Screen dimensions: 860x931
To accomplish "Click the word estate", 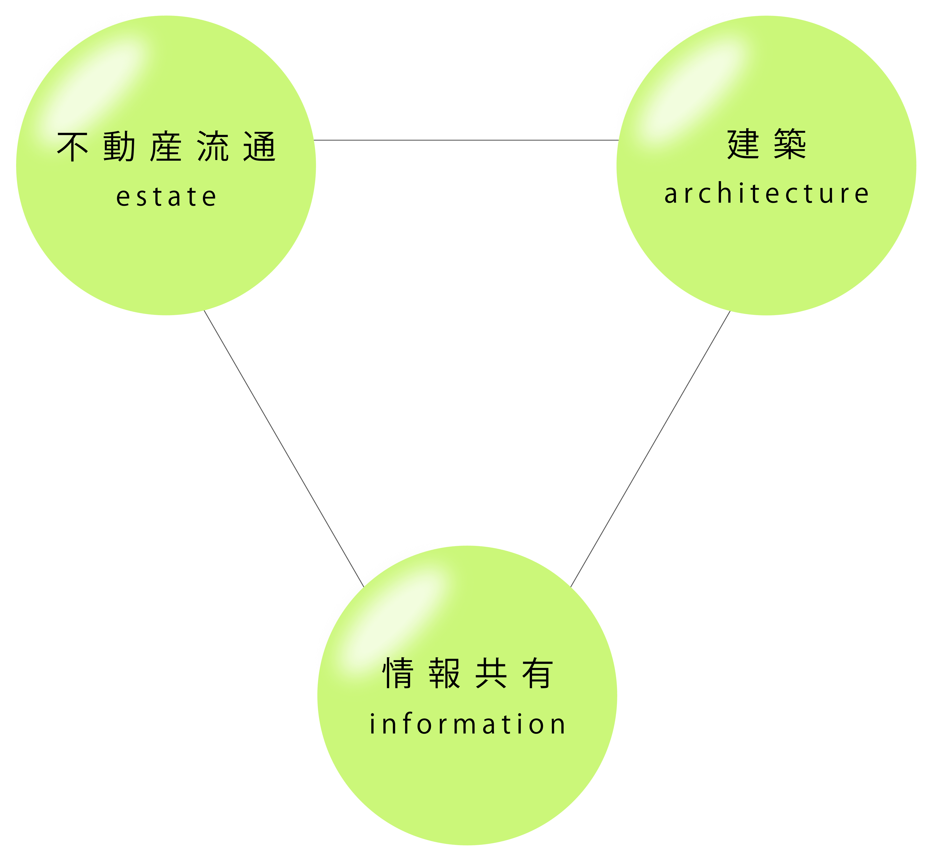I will [x=166, y=196].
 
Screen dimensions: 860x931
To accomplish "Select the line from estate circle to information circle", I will [x=284, y=449].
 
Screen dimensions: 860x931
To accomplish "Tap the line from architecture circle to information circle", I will [x=650, y=449].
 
